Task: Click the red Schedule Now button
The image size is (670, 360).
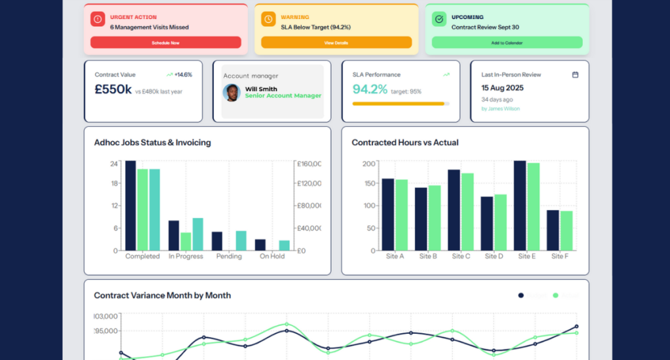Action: pyautogui.click(x=166, y=43)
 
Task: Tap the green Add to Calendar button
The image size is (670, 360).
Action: pyautogui.click(x=507, y=43)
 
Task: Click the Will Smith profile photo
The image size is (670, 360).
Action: pyautogui.click(x=231, y=92)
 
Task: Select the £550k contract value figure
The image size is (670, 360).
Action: pyautogui.click(x=113, y=90)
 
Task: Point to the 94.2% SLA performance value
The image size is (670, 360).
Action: pyautogui.click(x=370, y=90)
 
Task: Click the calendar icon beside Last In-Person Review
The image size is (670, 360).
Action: pyautogui.click(x=575, y=75)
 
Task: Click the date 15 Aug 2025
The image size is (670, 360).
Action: pyautogui.click(x=502, y=88)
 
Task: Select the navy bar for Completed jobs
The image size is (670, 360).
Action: pyautogui.click(x=130, y=206)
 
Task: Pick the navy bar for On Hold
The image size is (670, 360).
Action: pyautogui.click(x=260, y=245)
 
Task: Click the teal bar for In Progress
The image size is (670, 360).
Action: pyautogui.click(x=198, y=234)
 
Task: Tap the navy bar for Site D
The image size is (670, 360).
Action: pyautogui.click(x=487, y=223)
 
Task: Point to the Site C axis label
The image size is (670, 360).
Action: pyautogui.click(x=461, y=257)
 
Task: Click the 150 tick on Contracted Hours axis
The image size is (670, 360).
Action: pyautogui.click(x=369, y=185)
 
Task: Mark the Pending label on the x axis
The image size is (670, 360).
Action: pyautogui.click(x=229, y=257)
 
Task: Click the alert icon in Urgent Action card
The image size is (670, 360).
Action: pyautogui.click(x=97, y=20)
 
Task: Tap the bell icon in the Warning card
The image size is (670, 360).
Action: pyautogui.click(x=268, y=20)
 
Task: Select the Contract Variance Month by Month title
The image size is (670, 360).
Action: pyautogui.click(x=162, y=295)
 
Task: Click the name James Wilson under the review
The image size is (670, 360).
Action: pyautogui.click(x=501, y=109)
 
